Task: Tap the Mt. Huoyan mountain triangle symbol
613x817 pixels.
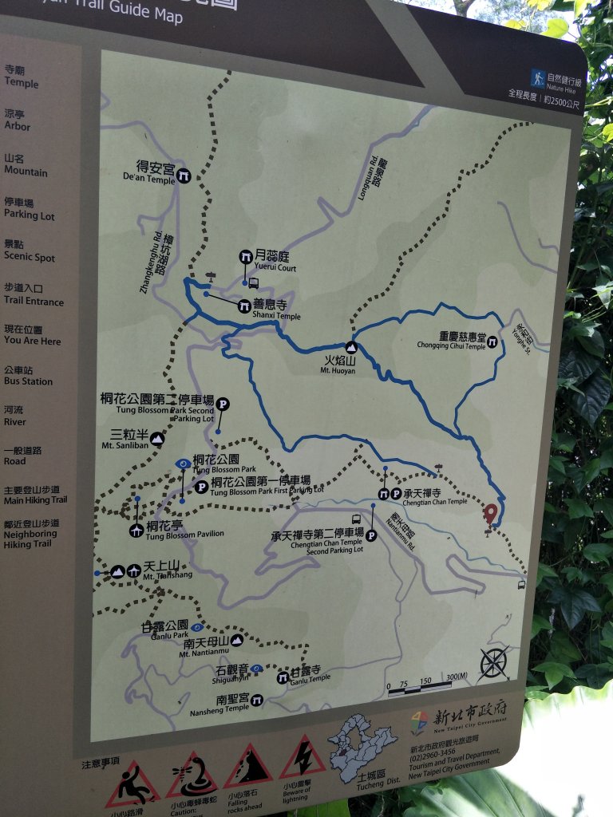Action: [x=351, y=348]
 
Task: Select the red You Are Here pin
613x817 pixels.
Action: [x=491, y=513]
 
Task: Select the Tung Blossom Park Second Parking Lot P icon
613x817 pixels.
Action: [x=223, y=405]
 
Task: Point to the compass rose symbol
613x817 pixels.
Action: [x=494, y=662]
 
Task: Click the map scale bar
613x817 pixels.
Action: [x=427, y=687]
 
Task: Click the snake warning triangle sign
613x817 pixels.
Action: [x=192, y=775]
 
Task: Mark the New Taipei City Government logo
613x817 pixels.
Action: [x=420, y=723]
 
